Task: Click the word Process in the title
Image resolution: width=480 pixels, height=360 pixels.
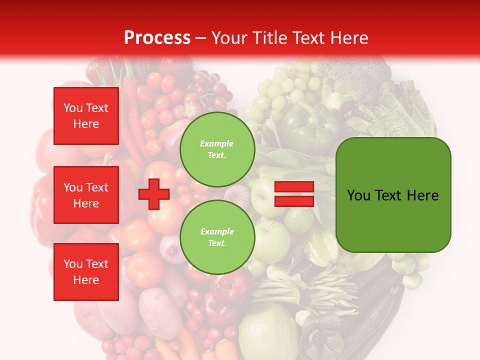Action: [157, 38]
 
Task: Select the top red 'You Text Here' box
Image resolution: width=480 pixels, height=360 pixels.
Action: [86, 116]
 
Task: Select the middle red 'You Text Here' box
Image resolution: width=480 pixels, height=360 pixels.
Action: [86, 195]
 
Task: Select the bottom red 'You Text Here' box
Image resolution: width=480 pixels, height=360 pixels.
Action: [86, 272]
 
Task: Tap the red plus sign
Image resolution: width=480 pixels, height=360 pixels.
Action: [154, 194]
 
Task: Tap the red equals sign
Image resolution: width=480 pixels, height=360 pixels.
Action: [294, 194]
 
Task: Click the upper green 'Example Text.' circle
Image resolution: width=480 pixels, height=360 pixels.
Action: [217, 149]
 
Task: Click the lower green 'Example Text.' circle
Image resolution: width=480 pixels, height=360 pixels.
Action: [217, 237]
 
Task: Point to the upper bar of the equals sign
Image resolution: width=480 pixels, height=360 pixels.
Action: [294, 187]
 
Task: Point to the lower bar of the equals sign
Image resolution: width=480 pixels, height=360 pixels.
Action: [294, 201]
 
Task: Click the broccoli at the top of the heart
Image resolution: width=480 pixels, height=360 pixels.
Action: [350, 75]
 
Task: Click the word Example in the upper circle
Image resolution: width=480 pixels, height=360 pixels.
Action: [217, 143]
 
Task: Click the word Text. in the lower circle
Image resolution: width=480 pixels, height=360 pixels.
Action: [217, 243]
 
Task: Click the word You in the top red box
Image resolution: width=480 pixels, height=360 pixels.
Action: [72, 108]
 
